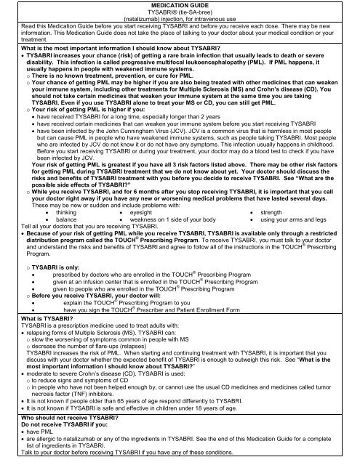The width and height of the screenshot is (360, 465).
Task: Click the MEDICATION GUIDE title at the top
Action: pos(180,6)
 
